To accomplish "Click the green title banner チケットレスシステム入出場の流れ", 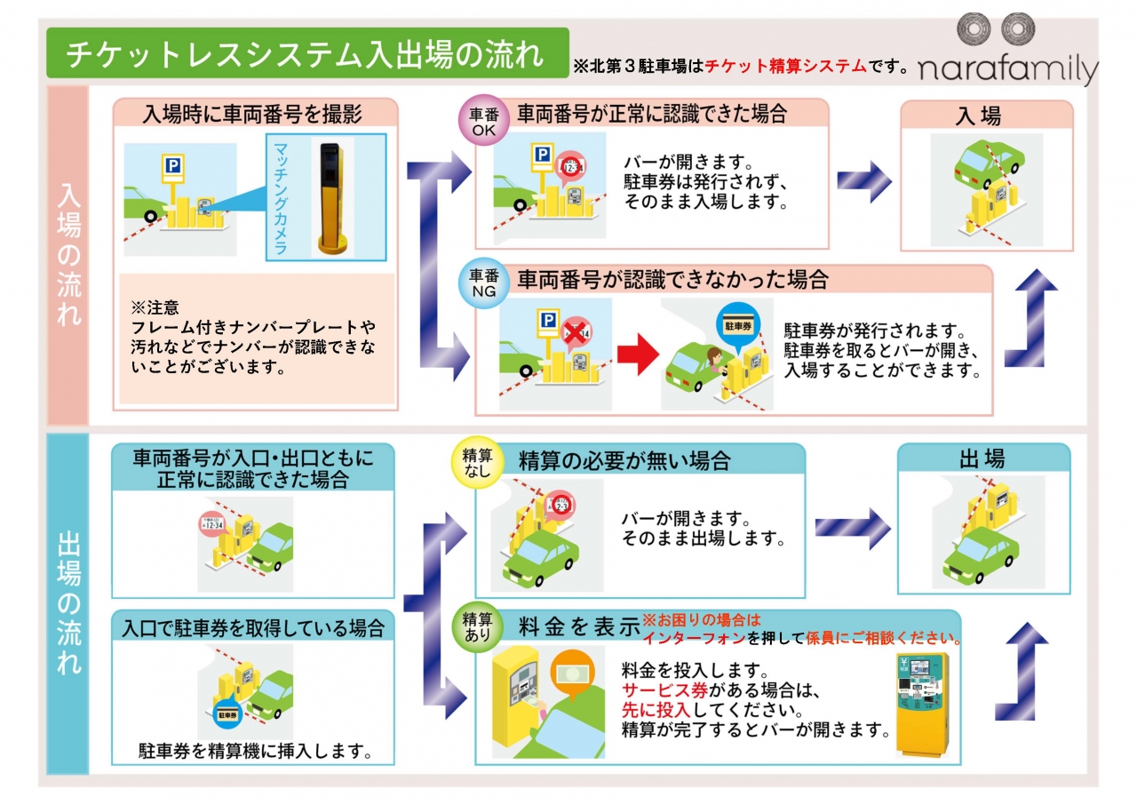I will coord(306,53).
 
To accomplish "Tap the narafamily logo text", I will coord(1008,70).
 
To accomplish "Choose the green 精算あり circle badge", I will coord(477,627).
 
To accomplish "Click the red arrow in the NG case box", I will coord(637,356).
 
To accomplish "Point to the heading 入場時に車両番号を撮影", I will coord(253,114).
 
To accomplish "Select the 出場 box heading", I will coord(982,459).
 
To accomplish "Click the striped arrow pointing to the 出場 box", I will coord(853,529).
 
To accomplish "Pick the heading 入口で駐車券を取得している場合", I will coord(253,629).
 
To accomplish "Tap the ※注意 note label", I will coord(155,308).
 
